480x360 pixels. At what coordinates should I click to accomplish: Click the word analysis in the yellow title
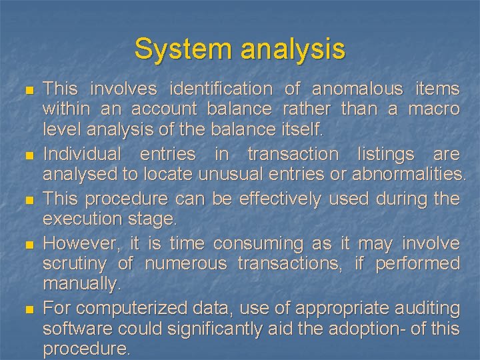tap(291, 49)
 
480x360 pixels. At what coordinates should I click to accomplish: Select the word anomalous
tap(357, 89)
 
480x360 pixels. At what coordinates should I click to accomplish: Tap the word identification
tap(221, 89)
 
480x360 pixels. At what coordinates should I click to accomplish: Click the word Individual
tap(82, 154)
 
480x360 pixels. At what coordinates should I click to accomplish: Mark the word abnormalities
tap(409, 174)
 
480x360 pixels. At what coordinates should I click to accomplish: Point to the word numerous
tap(185, 264)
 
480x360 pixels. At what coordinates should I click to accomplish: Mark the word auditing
tap(427, 309)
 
